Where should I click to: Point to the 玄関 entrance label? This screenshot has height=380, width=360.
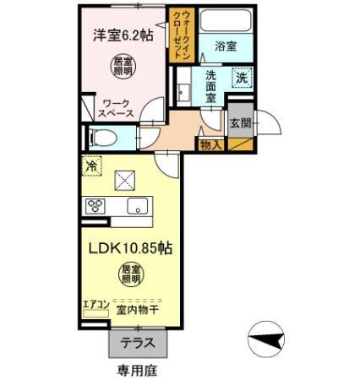(239, 123)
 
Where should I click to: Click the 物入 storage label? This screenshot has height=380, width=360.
(210, 146)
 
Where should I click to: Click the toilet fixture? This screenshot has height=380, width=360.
(103, 136)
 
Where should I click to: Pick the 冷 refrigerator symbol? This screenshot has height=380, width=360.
(90, 166)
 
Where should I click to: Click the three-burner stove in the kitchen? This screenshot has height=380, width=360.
(95, 205)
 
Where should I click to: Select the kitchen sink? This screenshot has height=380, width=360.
(137, 205)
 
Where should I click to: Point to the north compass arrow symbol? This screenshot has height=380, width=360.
(265, 341)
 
